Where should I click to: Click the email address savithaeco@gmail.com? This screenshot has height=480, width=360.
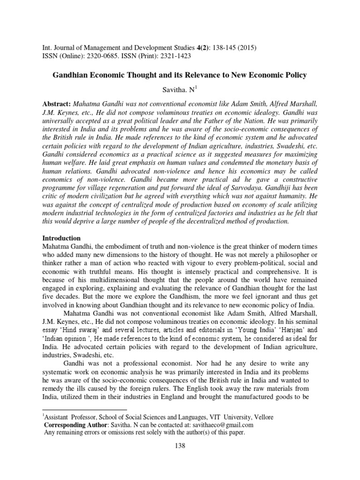pyautogui.click(x=220, y=425)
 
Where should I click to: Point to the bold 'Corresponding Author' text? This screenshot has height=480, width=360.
pyautogui.click(x=75, y=425)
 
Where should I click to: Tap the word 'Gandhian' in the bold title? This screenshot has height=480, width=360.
pyautogui.click(x=73, y=75)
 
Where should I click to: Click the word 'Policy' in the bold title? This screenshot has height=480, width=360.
pyautogui.click(x=293, y=75)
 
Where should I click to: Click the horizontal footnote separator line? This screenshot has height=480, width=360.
pyautogui.click(x=84, y=410)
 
